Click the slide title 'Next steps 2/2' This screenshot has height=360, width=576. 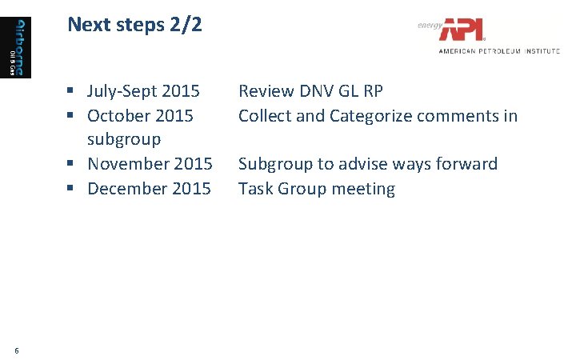(x=134, y=25)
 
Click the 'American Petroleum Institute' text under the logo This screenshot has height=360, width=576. (x=498, y=50)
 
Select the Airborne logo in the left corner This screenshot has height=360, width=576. (x=21, y=47)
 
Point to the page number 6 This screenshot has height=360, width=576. (x=17, y=349)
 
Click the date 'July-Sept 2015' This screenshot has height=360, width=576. (x=143, y=91)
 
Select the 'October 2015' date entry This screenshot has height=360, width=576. (x=140, y=116)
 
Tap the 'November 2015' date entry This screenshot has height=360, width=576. (x=150, y=164)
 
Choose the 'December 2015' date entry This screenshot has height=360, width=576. (x=149, y=189)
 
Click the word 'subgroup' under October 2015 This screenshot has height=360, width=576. (x=124, y=139)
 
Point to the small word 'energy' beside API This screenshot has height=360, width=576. (x=429, y=25)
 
